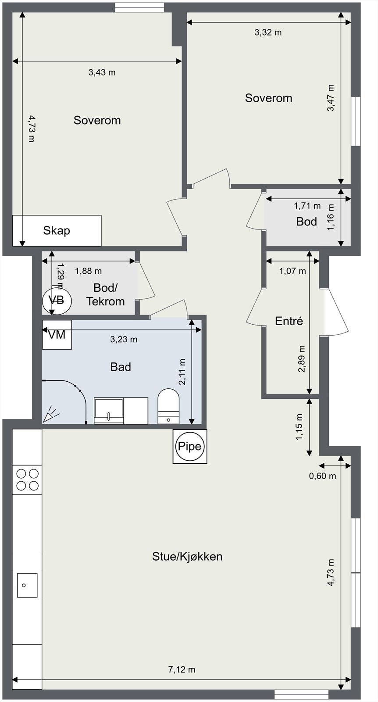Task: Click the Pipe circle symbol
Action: [190, 446]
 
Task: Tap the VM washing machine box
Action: [57, 334]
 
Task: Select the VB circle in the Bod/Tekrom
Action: [57, 301]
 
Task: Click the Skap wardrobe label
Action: [57, 230]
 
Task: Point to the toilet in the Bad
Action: [168, 406]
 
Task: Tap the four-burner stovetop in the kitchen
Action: [27, 479]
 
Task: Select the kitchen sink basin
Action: [27, 585]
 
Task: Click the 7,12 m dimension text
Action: [182, 670]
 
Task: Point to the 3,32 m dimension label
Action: [268, 32]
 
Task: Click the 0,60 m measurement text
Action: [323, 476]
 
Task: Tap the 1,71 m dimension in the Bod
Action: [307, 206]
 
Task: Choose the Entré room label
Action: [289, 321]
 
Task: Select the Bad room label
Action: [121, 367]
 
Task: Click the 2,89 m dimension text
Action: [302, 359]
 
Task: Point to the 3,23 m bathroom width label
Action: [124, 339]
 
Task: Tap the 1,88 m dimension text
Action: [88, 271]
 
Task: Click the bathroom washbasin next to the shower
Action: [109, 411]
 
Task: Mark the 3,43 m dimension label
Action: [102, 72]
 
